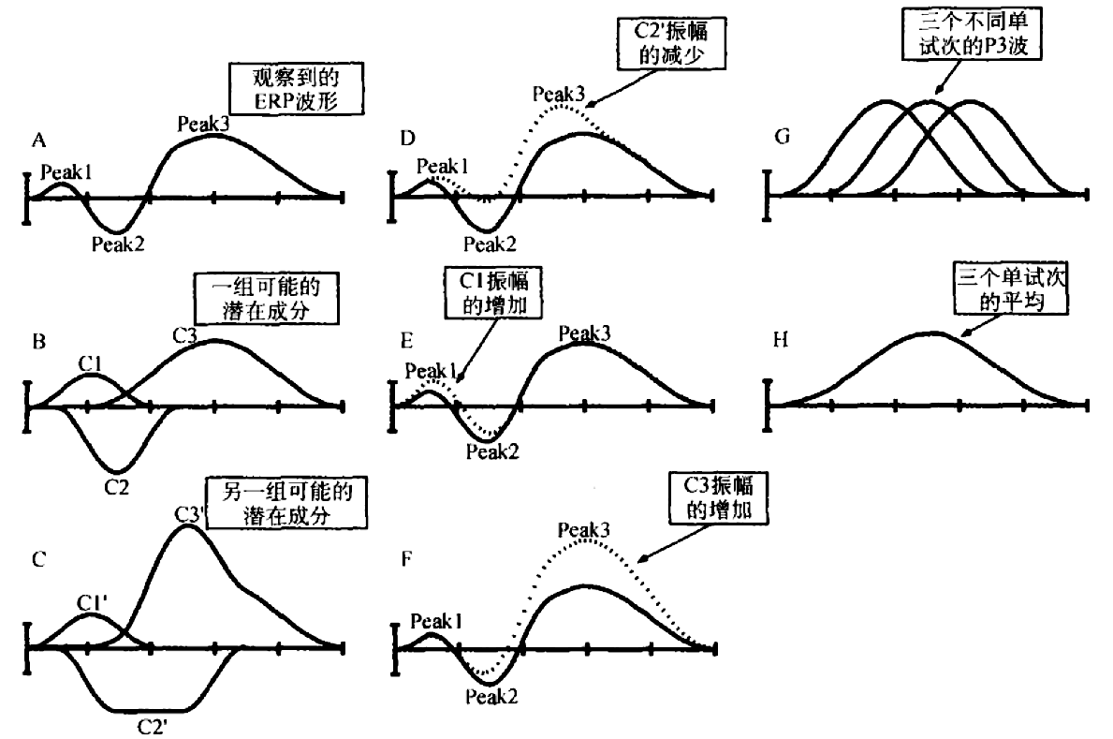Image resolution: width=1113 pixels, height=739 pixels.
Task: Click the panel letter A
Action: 38,140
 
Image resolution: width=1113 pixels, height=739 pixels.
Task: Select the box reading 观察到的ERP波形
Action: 295,90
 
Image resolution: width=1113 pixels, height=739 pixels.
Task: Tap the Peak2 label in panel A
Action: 118,245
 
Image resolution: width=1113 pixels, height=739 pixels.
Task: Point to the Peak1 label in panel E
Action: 430,370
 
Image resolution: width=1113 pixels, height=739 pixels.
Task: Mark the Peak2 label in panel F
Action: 491,696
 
